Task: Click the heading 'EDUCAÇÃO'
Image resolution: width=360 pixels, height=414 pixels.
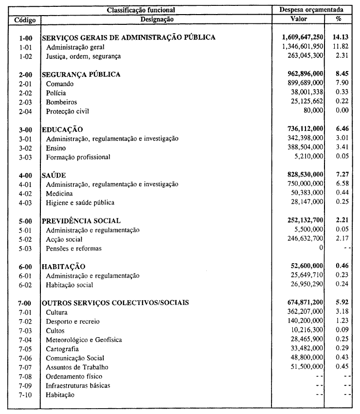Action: point(63,130)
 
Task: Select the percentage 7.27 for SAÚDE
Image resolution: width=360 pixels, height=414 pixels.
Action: point(340,175)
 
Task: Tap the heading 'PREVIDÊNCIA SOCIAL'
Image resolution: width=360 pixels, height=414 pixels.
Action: point(81,221)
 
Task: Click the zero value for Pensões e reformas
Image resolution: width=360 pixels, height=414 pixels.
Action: point(321,249)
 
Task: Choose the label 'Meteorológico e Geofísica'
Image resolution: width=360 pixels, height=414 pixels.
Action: point(84,340)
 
